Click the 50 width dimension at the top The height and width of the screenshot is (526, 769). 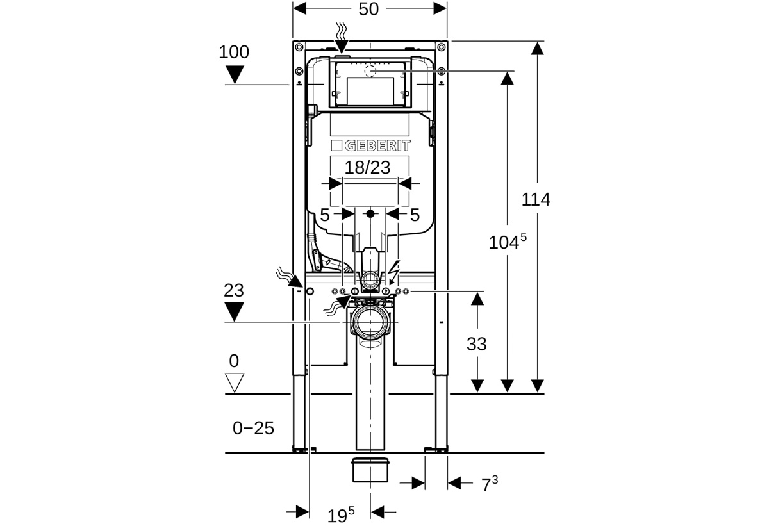coord(368,9)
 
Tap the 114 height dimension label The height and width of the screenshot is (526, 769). coord(536,199)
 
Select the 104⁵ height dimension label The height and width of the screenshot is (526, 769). coord(508,242)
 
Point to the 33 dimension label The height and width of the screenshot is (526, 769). coord(477,344)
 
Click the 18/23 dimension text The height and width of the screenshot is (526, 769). coord(367,168)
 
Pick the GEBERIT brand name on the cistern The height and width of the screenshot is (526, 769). coord(377,145)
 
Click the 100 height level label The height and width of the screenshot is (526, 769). coord(234,53)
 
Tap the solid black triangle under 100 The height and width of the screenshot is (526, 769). coord(235,74)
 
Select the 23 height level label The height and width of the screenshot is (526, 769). coord(234,291)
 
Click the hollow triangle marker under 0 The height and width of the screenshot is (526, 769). coord(235,382)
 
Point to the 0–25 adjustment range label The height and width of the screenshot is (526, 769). coord(253,428)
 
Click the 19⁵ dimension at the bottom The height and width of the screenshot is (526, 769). coord(340,514)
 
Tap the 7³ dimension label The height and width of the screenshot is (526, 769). coord(490,484)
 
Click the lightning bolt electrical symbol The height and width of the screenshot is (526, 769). coord(393,272)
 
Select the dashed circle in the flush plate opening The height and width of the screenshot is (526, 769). coord(370,71)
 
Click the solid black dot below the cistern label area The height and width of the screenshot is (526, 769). coord(370,214)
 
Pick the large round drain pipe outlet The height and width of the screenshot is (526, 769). coord(370,322)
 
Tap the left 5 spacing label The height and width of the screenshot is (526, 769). coord(325,215)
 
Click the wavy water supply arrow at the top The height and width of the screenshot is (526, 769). coord(342,38)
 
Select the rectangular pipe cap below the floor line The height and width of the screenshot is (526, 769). coord(370,470)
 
